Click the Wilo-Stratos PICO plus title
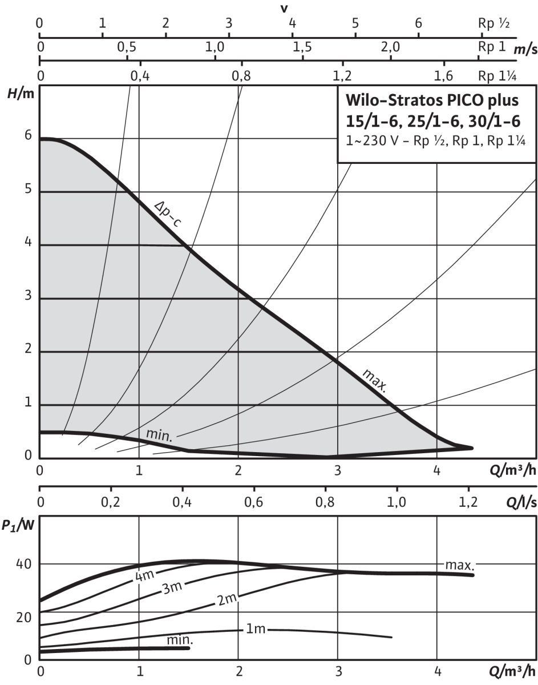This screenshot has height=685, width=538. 432,101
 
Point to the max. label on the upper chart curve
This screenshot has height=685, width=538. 375,380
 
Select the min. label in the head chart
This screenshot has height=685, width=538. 159,434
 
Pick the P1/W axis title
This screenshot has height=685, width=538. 18,510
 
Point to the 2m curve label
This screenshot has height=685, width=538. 226,600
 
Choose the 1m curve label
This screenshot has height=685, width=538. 256,629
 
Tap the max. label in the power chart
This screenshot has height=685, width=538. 459,565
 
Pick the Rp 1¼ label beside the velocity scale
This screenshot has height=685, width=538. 497,75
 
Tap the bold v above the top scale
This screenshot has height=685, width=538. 284,8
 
